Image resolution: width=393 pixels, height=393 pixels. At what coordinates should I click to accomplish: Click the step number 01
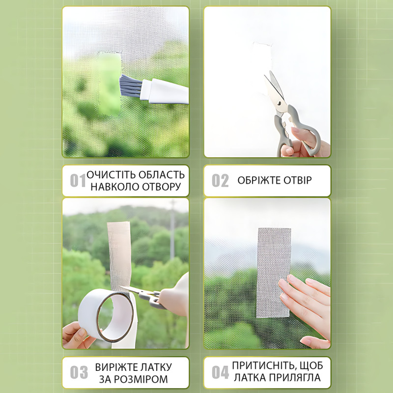click(x=78, y=181)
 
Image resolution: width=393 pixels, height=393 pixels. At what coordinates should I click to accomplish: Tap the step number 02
click(x=220, y=181)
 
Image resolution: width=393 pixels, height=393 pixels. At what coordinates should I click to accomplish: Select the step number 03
click(x=79, y=372)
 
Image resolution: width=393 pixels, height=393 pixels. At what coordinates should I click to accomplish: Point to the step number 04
click(x=220, y=372)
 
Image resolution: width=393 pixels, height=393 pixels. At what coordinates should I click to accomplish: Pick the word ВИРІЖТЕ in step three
click(x=115, y=367)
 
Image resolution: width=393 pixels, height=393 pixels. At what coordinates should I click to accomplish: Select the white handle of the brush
click(x=164, y=92)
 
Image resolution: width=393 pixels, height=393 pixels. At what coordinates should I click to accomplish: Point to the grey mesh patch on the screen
click(x=274, y=273)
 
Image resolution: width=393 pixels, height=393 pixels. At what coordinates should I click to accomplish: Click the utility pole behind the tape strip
click(x=173, y=230)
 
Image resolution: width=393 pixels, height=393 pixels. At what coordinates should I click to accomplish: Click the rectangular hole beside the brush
click(x=110, y=84)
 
